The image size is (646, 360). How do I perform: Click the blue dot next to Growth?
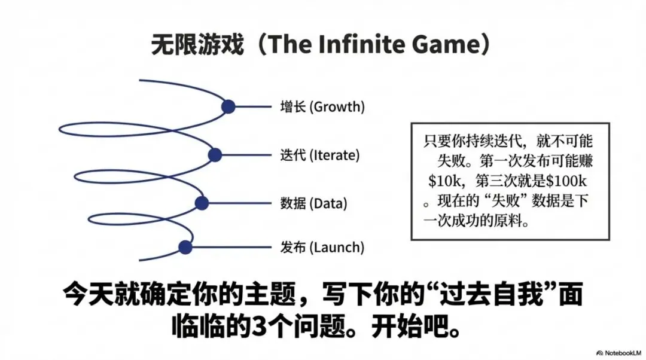(x=228, y=107)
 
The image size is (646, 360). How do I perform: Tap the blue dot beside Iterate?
(x=215, y=155)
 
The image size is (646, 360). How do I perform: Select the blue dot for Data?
(x=202, y=203)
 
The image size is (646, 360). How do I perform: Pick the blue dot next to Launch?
(x=185, y=247)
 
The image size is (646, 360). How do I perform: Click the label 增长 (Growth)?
(x=322, y=107)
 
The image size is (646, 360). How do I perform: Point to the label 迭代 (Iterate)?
(x=319, y=155)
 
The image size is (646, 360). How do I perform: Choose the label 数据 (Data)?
(x=313, y=203)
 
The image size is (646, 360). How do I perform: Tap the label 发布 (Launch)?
(x=322, y=247)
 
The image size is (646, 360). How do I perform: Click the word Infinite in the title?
(x=356, y=45)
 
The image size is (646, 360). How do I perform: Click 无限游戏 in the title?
(x=197, y=45)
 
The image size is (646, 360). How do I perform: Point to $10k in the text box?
(x=446, y=182)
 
